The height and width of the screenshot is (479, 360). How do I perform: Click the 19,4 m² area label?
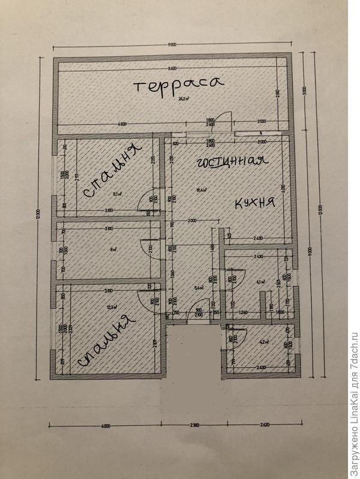click(x=201, y=190)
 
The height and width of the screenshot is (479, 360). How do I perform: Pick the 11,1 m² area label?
click(x=118, y=194)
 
